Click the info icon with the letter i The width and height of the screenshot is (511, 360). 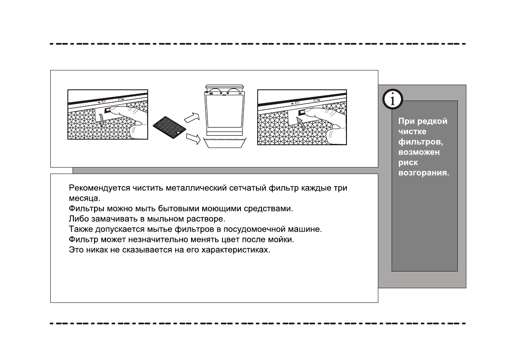tap(392, 100)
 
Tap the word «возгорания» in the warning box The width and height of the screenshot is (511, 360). tap(424, 173)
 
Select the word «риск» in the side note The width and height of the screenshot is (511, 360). tap(408, 163)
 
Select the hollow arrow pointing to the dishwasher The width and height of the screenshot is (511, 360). tap(192, 116)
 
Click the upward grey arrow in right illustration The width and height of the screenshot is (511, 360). tap(303, 125)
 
